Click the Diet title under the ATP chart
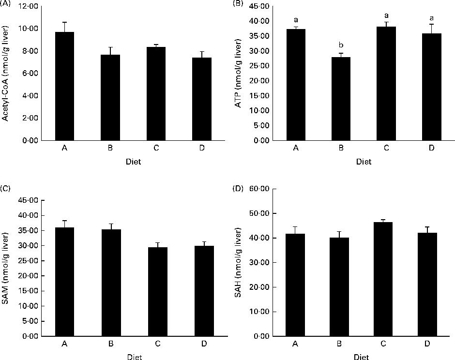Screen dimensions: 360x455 click(364, 162)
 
